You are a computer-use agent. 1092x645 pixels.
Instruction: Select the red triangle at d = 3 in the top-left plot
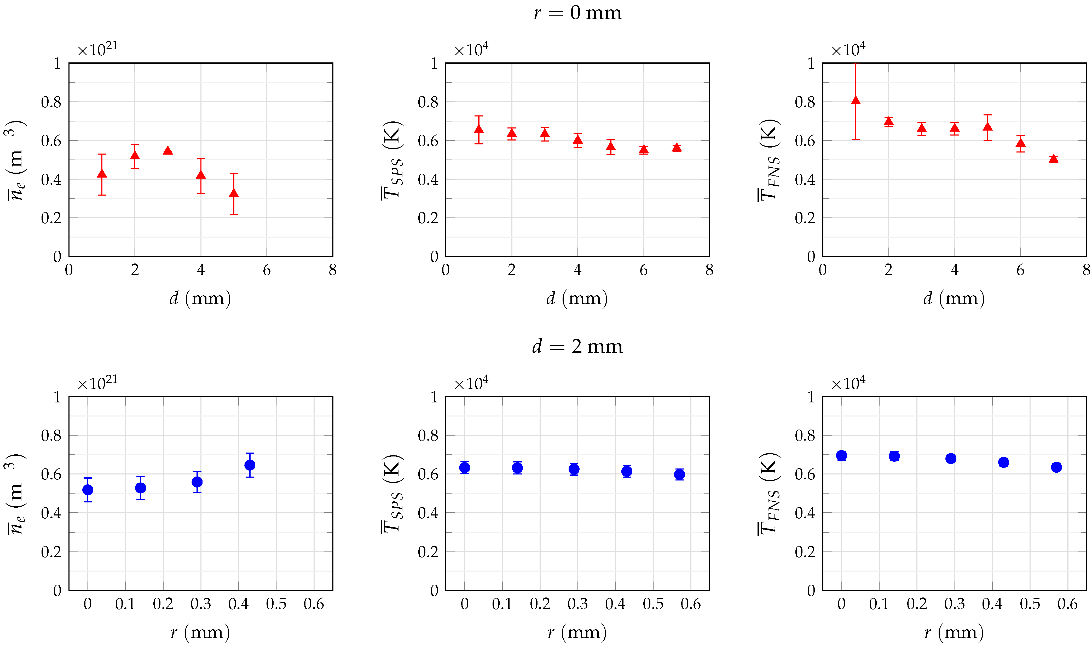tap(168, 150)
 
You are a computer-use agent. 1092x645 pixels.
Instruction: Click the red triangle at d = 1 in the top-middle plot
tap(479, 129)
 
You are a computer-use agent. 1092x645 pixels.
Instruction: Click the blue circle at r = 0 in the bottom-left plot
tap(88, 490)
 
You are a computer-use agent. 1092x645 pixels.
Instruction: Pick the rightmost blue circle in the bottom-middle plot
tap(679, 474)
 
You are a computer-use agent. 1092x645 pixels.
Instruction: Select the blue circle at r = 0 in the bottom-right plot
tap(841, 455)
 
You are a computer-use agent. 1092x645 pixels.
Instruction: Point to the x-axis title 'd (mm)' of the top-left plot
tap(200, 298)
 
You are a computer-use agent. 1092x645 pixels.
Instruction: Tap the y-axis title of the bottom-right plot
tap(769, 494)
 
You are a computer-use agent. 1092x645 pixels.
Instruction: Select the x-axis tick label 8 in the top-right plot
tap(1086, 270)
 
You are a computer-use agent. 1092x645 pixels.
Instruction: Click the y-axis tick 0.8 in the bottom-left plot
tap(51, 436)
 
